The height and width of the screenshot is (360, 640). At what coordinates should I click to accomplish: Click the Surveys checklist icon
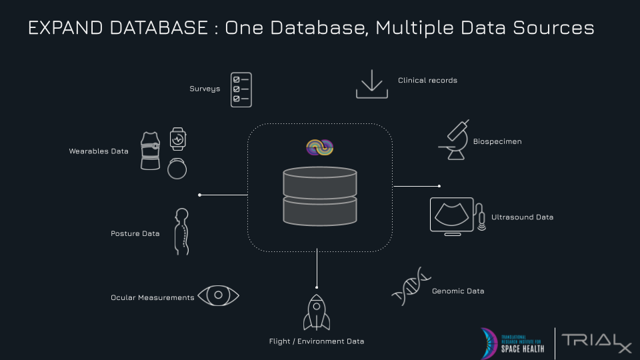[241, 89]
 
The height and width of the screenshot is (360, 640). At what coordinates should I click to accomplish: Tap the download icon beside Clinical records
[371, 84]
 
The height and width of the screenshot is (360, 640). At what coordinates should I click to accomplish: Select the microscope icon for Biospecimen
[455, 140]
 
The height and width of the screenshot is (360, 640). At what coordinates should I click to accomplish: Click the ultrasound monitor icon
[452, 216]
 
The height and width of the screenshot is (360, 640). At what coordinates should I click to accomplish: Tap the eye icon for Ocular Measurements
[218, 296]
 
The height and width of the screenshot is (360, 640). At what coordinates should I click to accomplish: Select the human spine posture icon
[181, 231]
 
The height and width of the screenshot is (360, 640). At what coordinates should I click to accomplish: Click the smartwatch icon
[177, 139]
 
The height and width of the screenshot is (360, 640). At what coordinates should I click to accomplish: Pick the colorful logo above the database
[319, 148]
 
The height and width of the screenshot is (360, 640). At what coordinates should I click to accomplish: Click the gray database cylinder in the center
[320, 195]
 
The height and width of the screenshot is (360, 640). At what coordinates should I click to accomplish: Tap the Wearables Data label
[99, 151]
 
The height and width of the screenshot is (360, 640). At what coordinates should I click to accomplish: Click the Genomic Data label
[458, 291]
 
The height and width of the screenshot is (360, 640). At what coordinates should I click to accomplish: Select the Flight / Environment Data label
[317, 341]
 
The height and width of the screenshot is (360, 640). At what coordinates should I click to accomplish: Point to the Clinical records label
[427, 81]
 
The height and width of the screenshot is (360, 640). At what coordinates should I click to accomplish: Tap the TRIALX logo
[596, 341]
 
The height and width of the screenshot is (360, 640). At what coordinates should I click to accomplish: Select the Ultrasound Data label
[522, 217]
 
